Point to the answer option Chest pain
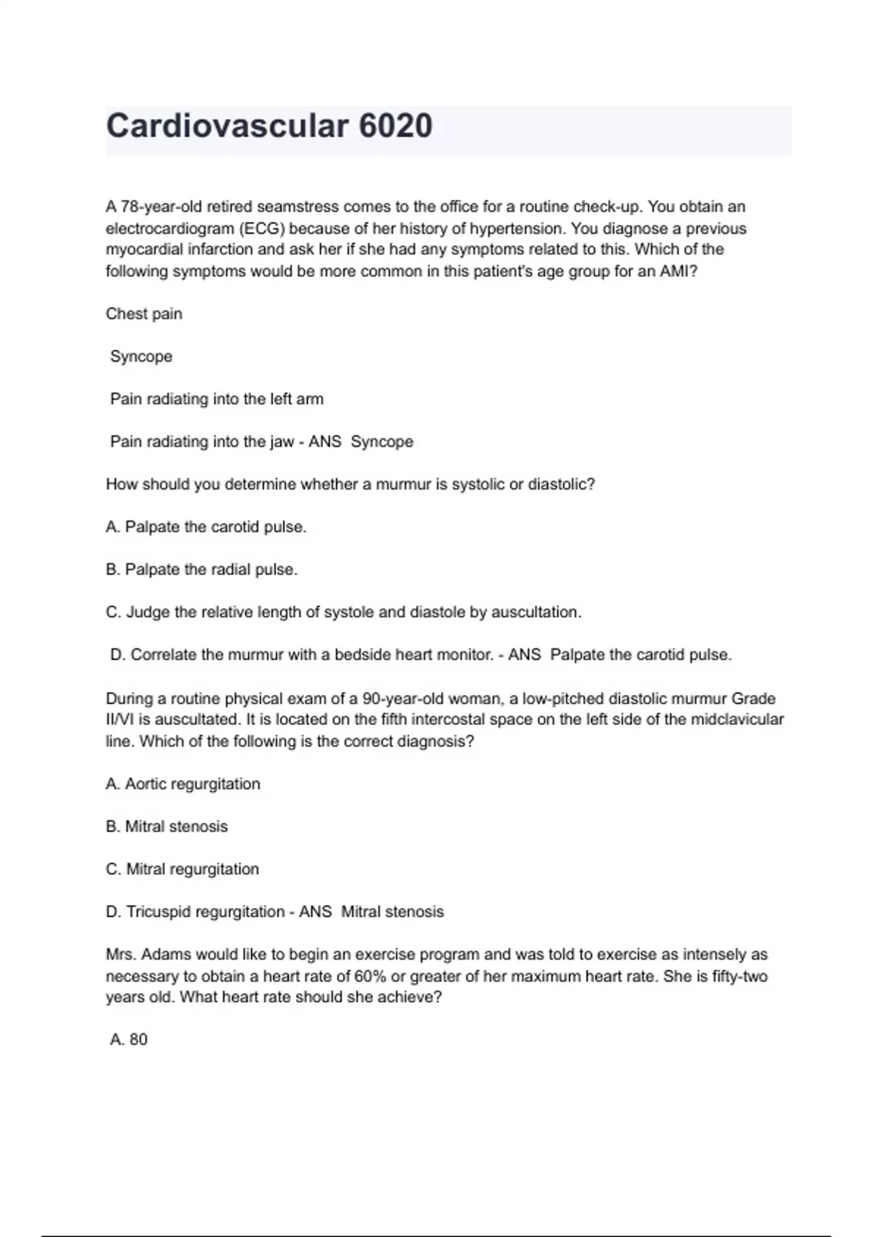pos(144,314)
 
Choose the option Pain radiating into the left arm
pos(217,399)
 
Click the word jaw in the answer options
pos(280,442)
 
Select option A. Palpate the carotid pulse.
pos(206,527)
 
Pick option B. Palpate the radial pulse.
pos(202,570)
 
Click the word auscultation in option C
pos(536,612)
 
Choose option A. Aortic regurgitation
pos(183,784)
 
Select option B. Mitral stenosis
pos(167,827)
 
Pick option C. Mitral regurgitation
pos(182,869)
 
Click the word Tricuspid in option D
pos(159,912)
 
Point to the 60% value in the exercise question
pos(370,976)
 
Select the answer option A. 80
pos(129,1039)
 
